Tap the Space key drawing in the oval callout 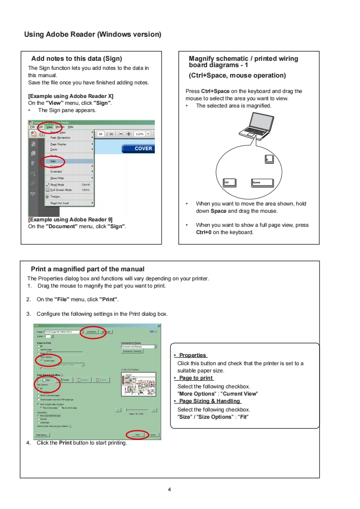pos(263,183)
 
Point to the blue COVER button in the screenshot pos(138,148)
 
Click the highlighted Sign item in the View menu pos(54,161)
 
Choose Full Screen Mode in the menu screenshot pos(61,190)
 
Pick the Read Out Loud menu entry pos(59,203)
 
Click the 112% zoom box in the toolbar pos(139,134)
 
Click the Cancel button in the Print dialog pos(153,435)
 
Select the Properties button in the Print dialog pos(91,332)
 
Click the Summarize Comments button pos(132,351)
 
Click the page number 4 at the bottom pos(169,489)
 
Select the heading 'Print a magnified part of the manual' pos(88,269)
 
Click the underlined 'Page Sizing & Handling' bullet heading pos(209,401)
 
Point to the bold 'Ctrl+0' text pos(204,232)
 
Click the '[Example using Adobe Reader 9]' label pos(70,220)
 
